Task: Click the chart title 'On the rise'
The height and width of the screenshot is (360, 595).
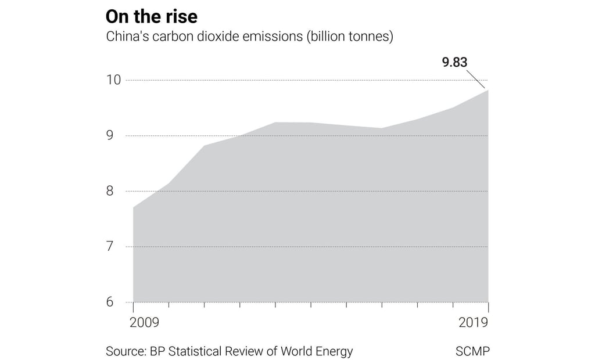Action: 151,16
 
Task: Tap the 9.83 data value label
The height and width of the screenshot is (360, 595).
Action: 454,62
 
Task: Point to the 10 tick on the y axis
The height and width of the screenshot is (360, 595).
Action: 113,80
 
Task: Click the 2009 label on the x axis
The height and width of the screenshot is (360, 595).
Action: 144,323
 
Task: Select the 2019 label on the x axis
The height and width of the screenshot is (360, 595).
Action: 473,323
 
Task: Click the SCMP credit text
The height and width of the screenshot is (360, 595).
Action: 472,351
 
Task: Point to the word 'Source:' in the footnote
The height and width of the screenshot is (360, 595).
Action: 126,351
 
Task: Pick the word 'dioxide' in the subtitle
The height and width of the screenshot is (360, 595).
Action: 223,37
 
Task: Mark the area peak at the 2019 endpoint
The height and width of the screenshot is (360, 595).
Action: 488,90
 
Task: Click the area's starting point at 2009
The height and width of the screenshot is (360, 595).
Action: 134,207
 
